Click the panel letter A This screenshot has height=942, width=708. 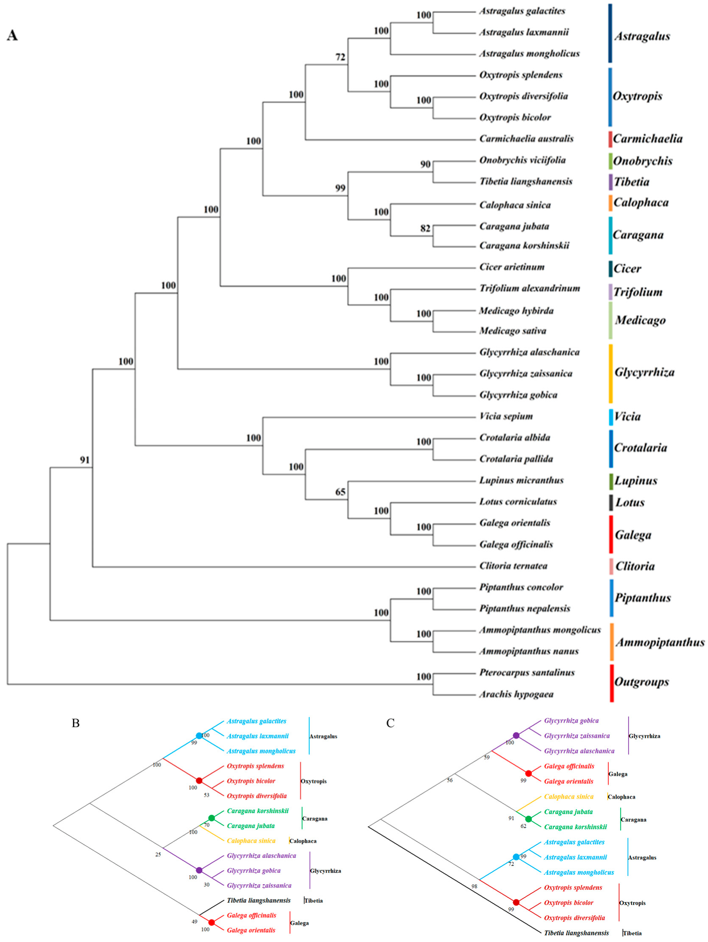pos(12,35)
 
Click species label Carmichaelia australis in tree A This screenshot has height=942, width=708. pos(526,139)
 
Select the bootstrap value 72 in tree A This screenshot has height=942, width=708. pos(340,57)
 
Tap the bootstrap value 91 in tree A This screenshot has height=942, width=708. pos(84,460)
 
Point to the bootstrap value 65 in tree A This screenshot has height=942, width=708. pos(340,492)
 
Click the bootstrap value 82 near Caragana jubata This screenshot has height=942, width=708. pos(425,228)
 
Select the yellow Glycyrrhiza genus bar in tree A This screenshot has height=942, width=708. pos(611,373)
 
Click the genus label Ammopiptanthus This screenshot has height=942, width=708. pos(660,642)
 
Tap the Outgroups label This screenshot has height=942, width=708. pos(641,682)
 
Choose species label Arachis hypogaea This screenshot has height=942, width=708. pos(516,694)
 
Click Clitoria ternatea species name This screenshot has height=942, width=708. pos(513,566)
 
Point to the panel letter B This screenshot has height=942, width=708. pos(76,723)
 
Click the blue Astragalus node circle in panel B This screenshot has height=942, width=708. pos(199,735)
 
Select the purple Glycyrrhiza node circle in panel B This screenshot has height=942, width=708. pos(199,870)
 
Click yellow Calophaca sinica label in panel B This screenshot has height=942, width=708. pos(251,840)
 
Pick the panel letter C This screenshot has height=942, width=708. pos(390,723)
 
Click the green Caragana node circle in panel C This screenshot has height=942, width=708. pos(528,819)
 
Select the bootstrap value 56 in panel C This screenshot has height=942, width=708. pos(450,780)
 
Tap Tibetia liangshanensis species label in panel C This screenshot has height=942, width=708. pos(576,933)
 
